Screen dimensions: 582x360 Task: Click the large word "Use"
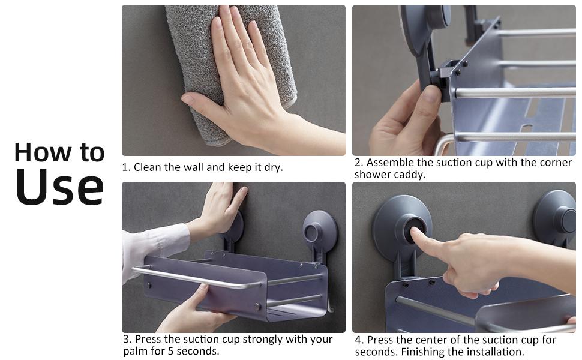(x=59, y=187)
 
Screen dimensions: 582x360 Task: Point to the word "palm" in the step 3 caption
(x=136, y=351)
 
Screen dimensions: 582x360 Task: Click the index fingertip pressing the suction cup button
(x=413, y=232)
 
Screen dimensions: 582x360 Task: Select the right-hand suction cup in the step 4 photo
(x=556, y=218)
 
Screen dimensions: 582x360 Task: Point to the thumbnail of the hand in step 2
(x=431, y=94)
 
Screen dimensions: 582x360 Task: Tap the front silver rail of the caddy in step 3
(x=197, y=278)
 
